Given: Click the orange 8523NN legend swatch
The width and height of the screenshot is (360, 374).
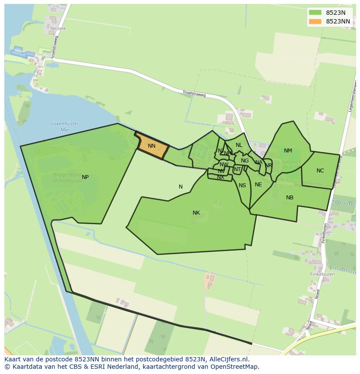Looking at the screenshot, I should [x=315, y=21].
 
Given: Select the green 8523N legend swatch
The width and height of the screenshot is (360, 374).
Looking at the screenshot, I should [x=315, y=13].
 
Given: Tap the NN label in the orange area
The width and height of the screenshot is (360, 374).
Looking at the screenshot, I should [x=151, y=146].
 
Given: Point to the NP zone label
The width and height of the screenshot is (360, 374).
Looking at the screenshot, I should [x=85, y=177].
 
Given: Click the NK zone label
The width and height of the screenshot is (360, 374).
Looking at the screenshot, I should [x=196, y=213].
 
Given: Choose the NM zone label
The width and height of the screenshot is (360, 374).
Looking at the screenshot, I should [x=288, y=151].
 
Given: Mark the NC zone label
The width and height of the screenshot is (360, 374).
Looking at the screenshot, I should [x=320, y=171].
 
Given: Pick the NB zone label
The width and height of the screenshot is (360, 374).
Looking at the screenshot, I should [x=290, y=198].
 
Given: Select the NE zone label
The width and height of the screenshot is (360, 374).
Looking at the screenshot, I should [x=258, y=185].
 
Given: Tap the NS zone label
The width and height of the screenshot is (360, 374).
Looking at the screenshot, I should [x=242, y=185].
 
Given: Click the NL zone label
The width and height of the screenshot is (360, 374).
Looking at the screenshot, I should [x=239, y=145].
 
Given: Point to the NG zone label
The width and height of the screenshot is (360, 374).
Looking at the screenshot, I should [x=245, y=161].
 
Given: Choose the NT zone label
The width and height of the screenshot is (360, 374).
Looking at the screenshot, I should [x=237, y=169].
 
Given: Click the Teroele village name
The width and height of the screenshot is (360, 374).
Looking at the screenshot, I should [x=58, y=29].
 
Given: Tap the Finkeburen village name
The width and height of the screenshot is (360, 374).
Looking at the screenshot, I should [x=322, y=275].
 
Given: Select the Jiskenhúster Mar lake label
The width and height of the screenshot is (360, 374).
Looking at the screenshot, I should [x=65, y=126].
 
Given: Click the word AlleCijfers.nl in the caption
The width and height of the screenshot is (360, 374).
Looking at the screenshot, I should [x=228, y=359].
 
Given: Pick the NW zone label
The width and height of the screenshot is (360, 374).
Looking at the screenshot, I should [x=224, y=165].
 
